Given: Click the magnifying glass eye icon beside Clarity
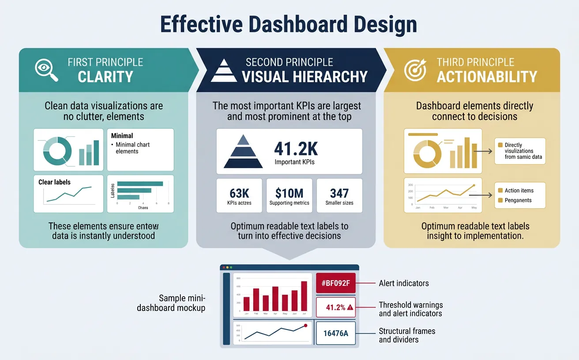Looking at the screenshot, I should (46, 70).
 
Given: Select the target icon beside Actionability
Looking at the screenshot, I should (415, 70).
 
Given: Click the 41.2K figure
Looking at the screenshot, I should (296, 149).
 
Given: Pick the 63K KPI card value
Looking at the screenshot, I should (240, 193).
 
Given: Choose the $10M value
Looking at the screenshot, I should (289, 193).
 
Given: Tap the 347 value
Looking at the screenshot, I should (339, 193).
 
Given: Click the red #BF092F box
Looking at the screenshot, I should (336, 283).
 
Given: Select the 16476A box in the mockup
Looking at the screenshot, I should (336, 333).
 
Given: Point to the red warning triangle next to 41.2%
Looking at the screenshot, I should (350, 308).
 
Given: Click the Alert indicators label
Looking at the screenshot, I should (403, 283).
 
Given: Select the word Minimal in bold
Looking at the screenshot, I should (122, 136).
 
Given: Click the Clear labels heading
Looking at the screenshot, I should (54, 182).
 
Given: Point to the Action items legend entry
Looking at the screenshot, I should (519, 191).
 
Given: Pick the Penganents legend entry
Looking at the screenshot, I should (518, 200).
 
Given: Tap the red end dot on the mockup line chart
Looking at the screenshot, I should (305, 326).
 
